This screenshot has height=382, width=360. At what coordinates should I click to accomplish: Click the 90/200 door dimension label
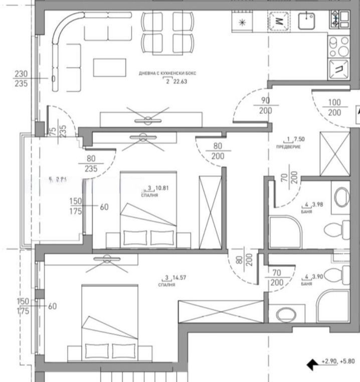265,106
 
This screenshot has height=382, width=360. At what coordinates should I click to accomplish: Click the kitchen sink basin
306,21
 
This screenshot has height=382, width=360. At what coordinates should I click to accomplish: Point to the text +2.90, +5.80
339,361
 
